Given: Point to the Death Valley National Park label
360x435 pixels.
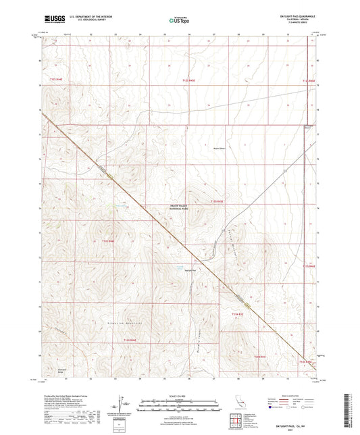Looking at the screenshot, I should [182, 209].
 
